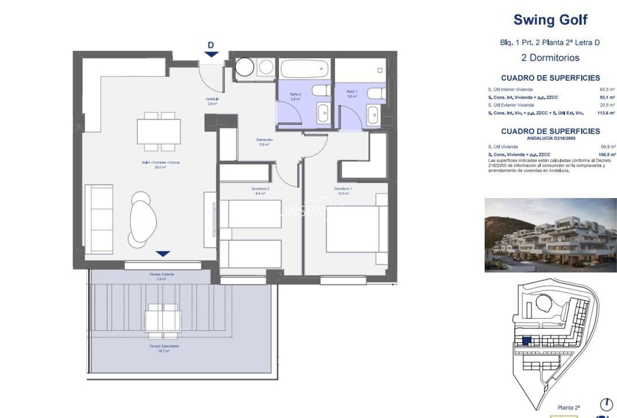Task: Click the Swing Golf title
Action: tap(550, 20)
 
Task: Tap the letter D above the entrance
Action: tap(211, 45)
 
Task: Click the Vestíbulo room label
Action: tap(212, 99)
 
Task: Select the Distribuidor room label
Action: tap(264, 140)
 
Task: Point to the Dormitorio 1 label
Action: tap(343, 189)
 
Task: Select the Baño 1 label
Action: tap(352, 92)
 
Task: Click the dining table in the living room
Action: tap(159, 131)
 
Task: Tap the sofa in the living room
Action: tap(99, 219)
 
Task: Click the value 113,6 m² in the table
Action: tap(607, 113)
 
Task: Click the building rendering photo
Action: tap(550, 235)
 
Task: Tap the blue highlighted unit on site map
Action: tap(526, 341)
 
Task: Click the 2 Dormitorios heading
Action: tap(550, 58)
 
